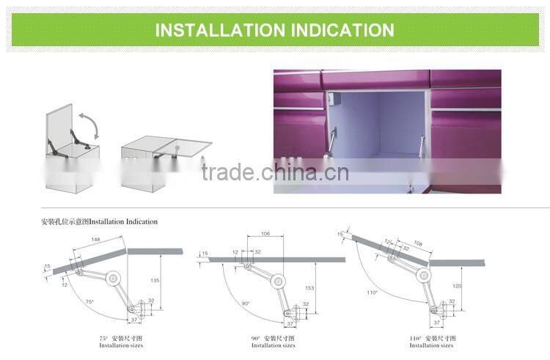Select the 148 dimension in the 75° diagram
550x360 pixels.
[96, 239]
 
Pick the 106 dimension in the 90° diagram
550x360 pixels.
[266, 235]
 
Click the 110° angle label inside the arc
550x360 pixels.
[373, 292]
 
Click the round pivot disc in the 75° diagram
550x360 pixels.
[114, 278]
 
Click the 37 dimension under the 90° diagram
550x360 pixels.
[290, 323]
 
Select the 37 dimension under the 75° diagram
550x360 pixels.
[134, 320]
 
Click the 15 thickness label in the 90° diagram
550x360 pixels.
[205, 252]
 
